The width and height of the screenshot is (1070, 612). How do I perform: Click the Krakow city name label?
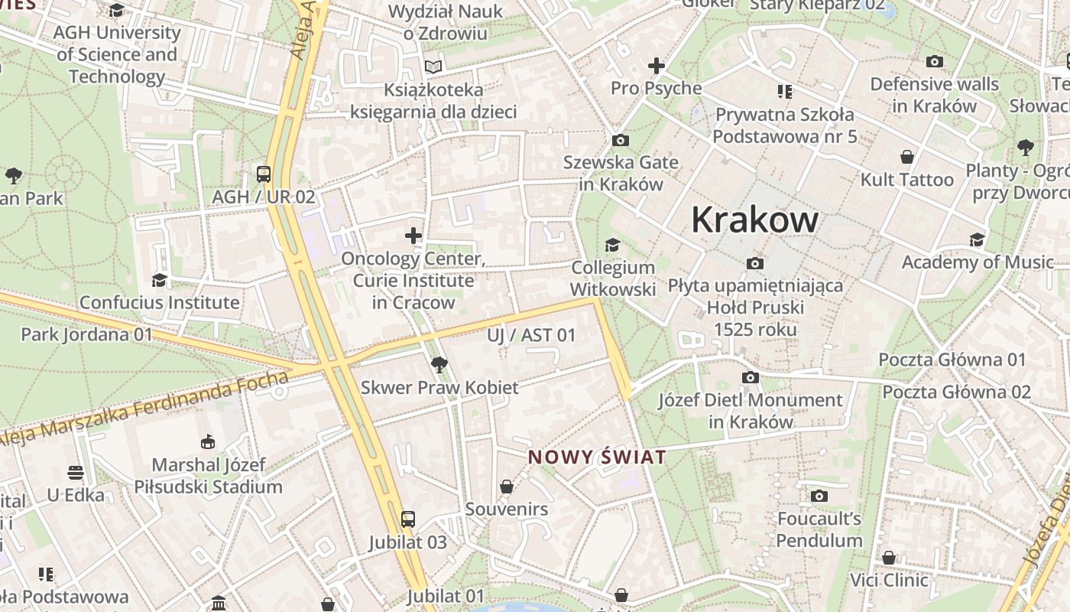(754, 220)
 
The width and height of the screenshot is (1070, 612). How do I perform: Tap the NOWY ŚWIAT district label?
(597, 457)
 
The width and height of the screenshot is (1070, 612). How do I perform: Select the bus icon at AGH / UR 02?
(264, 174)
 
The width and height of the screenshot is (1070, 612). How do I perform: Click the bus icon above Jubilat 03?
(408, 519)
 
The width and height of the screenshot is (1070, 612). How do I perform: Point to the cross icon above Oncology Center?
(413, 235)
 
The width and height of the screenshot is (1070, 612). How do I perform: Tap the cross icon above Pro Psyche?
(656, 66)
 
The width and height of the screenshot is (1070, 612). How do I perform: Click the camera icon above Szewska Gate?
(620, 140)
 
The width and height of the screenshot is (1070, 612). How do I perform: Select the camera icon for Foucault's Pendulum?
(819, 496)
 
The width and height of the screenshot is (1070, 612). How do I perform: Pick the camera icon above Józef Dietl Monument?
(751, 378)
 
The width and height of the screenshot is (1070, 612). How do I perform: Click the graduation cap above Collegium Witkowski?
(612, 245)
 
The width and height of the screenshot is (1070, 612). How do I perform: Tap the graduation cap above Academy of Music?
(977, 240)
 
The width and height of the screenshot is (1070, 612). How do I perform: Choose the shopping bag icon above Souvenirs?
(506, 487)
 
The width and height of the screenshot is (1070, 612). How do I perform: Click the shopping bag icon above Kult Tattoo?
(907, 158)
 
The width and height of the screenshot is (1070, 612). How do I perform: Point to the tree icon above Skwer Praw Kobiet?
(439, 364)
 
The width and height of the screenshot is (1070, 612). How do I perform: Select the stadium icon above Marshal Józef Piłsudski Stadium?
(208, 441)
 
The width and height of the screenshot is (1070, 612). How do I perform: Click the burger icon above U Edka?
(75, 472)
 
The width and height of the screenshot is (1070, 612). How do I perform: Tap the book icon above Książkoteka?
(433, 67)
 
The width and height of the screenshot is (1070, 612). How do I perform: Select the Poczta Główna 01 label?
(952, 360)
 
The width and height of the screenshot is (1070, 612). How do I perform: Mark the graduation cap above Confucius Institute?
(159, 280)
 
